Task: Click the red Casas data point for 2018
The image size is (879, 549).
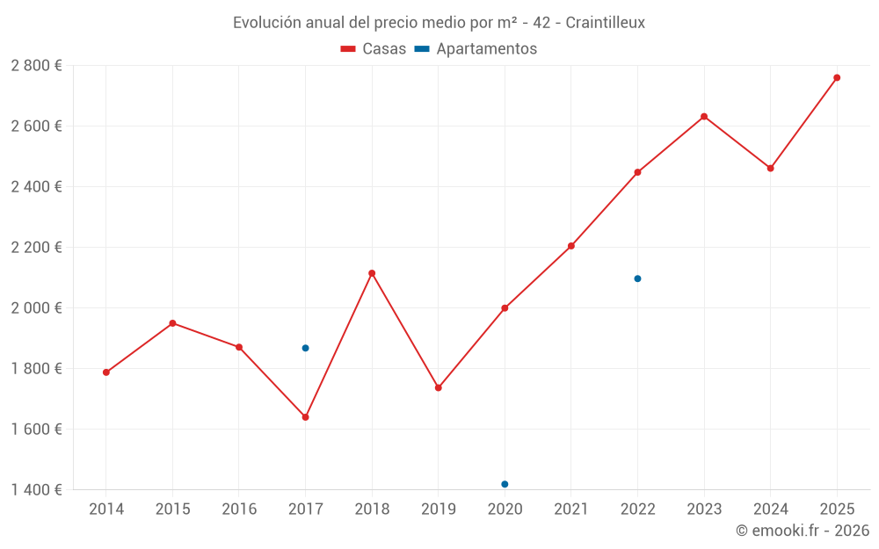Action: tap(372, 273)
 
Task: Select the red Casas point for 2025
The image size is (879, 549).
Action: tap(837, 77)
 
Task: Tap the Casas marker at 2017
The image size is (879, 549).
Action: tap(305, 417)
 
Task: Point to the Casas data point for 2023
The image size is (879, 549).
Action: tap(704, 117)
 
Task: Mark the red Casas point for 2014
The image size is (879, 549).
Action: tap(106, 372)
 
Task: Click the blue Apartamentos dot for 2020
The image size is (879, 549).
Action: tap(505, 484)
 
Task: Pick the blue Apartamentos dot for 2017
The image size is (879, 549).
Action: tap(305, 348)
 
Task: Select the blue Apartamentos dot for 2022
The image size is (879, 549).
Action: tap(637, 278)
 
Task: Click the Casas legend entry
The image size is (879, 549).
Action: tap(374, 49)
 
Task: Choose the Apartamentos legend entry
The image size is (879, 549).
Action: tap(476, 49)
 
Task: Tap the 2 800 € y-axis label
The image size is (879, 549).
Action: tap(36, 66)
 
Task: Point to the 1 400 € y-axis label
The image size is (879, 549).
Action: tap(36, 489)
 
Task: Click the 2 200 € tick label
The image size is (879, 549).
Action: tap(36, 248)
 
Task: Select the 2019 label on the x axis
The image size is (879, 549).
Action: tap(438, 509)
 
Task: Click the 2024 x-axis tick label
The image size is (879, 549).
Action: tap(770, 509)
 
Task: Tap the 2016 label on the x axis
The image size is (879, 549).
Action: tap(239, 509)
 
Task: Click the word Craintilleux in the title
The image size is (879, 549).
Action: tap(605, 23)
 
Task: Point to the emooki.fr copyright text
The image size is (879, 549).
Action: tap(802, 531)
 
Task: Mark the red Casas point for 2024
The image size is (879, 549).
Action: tap(770, 168)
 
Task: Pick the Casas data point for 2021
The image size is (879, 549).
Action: tap(571, 246)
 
